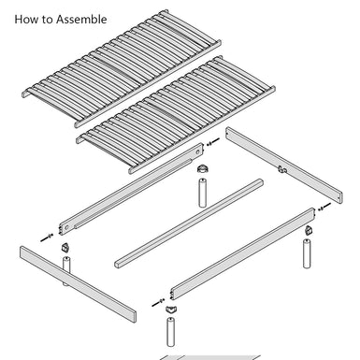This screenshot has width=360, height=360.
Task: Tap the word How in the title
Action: [x=26, y=19]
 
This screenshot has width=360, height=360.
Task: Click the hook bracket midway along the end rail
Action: [x=281, y=169]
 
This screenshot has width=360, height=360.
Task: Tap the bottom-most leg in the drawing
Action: [x=170, y=332]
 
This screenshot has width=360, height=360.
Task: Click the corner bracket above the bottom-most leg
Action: [x=170, y=306]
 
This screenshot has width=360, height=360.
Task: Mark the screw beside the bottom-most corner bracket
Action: [x=154, y=304]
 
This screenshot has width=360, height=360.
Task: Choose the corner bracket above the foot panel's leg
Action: [x=65, y=249]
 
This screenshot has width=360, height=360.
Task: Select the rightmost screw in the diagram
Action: [x=322, y=209]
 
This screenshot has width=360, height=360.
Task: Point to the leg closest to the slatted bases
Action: [x=200, y=190]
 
